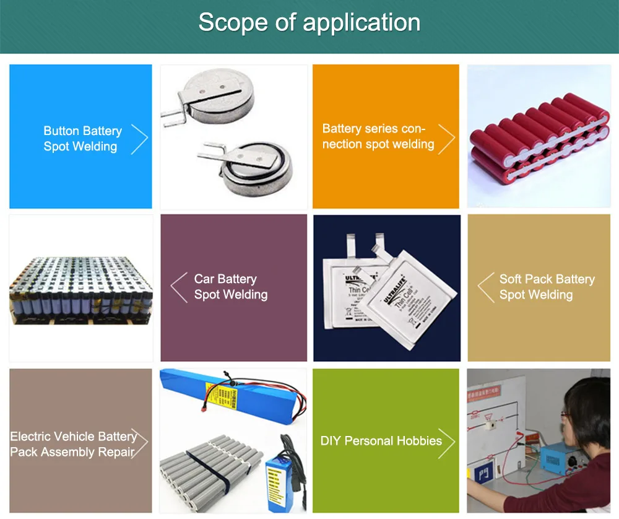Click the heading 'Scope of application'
309,23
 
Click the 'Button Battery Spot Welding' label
82,139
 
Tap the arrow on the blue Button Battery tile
140,139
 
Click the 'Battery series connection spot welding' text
378,136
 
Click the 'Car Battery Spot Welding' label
230,287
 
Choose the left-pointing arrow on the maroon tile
179,287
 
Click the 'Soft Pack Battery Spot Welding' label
547,287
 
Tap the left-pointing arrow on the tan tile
485,287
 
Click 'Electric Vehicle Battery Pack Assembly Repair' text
73,444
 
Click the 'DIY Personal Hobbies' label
381,441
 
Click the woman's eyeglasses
566,414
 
